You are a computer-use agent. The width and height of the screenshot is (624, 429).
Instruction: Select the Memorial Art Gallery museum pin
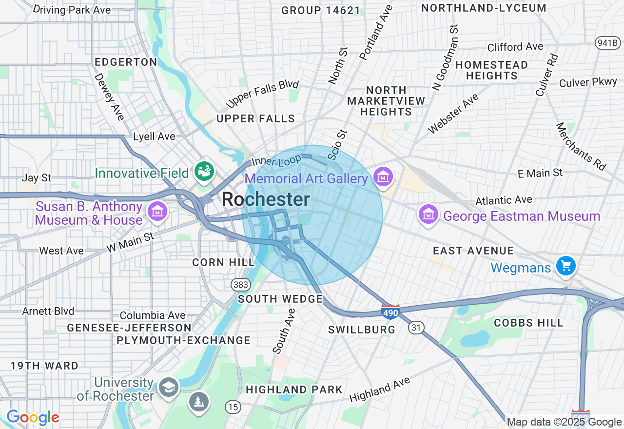coord(383,176)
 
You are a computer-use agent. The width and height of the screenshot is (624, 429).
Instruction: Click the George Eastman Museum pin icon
coord(428,214)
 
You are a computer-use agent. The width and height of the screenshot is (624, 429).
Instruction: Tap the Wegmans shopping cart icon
coord(566,266)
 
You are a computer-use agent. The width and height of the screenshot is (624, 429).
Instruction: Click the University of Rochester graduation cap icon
coord(169,388)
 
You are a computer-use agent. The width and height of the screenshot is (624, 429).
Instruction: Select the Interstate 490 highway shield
coord(391,312)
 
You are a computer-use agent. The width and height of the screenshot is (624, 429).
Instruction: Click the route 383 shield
coord(241,284)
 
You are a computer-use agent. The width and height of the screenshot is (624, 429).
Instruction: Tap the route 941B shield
coord(607,43)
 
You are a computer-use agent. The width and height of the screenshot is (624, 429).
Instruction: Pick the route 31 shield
coord(416,328)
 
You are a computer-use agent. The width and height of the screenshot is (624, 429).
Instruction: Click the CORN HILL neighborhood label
coord(223,262)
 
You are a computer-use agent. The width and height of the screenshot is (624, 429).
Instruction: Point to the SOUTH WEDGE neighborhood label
coord(280,299)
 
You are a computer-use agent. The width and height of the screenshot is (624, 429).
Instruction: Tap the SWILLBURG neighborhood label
coord(362,330)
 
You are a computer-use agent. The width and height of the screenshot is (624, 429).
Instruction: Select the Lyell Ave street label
coord(154,136)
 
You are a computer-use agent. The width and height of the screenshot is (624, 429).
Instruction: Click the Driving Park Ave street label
coord(73,10)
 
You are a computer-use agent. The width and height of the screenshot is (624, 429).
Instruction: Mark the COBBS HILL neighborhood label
coord(528,323)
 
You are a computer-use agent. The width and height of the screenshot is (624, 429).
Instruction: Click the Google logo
coord(33,418)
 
